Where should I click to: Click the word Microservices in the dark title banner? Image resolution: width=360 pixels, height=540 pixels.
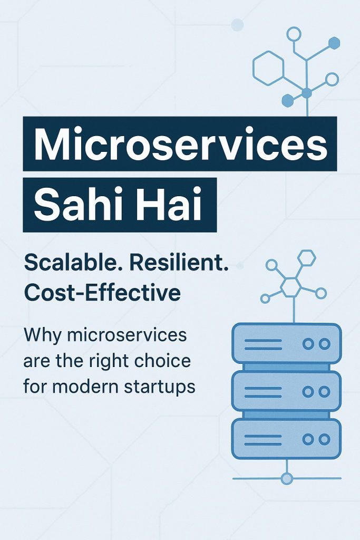[180, 144]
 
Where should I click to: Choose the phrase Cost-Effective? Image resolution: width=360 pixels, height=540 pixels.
[102, 293]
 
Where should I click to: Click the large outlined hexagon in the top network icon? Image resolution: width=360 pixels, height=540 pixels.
[268, 68]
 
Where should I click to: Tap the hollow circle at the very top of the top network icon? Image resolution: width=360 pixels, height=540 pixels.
[294, 35]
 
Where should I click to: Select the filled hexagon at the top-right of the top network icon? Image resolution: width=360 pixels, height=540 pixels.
[334, 43]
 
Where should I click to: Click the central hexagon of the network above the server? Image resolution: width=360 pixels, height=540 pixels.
[291, 286]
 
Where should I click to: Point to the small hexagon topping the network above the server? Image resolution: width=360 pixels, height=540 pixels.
[306, 258]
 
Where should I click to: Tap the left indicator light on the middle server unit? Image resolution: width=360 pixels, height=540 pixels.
[308, 392]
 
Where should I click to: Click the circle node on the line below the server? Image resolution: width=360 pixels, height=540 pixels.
[287, 478]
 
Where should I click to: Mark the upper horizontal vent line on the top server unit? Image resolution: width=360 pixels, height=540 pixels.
[263, 340]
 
